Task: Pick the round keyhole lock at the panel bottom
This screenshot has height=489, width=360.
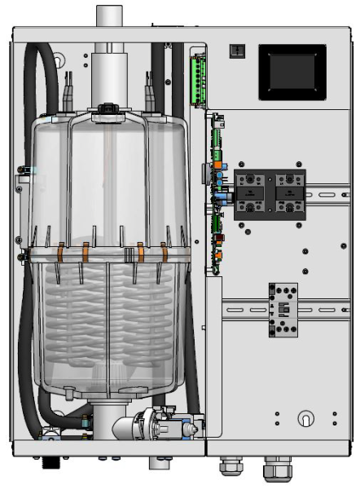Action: pyautogui.click(x=306, y=418)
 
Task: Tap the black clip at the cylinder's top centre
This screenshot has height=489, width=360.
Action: pyautogui.click(x=107, y=110)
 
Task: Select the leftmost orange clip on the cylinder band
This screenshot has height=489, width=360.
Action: pyautogui.click(x=59, y=253)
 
